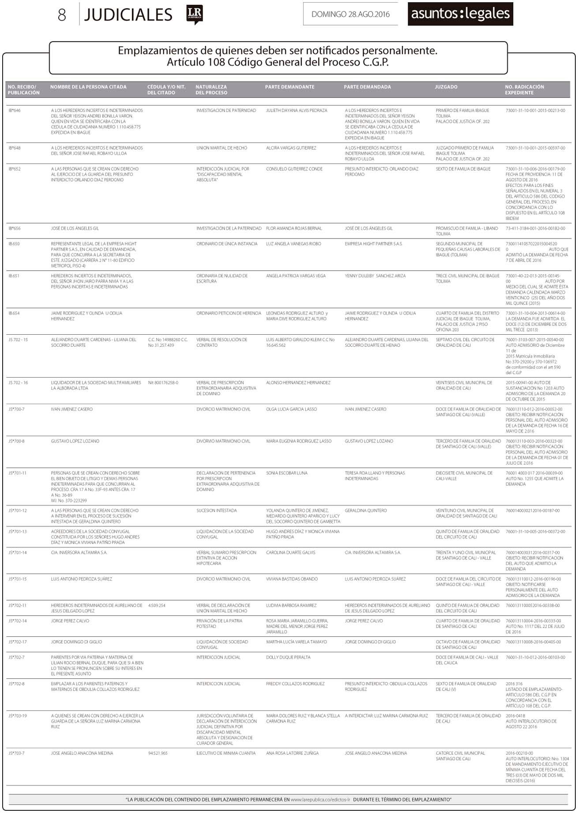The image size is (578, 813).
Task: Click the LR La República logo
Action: [194, 15]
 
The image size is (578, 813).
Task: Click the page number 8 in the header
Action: [62, 15]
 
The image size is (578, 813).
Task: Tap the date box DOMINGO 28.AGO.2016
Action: [350, 14]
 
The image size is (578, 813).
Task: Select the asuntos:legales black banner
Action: [460, 14]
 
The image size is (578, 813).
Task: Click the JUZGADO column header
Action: [446, 87]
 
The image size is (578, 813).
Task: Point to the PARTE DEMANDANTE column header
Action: [289, 87]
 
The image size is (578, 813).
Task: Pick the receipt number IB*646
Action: [15, 110]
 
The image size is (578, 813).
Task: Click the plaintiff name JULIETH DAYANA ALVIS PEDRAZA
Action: [297, 110]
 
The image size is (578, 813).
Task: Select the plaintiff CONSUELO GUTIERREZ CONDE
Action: [294, 169]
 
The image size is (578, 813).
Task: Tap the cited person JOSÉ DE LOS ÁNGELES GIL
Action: [75, 229]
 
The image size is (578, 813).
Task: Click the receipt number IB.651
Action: [14, 276]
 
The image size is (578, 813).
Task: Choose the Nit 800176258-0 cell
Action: [163, 383]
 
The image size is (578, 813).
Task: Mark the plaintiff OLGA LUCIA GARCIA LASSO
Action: [291, 409]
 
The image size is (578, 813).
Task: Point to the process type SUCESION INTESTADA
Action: [217, 511]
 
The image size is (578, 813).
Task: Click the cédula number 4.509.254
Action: [157, 606]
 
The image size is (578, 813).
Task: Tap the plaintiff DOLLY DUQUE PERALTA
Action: [288, 658]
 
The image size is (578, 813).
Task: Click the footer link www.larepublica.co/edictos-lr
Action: [320, 800]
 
